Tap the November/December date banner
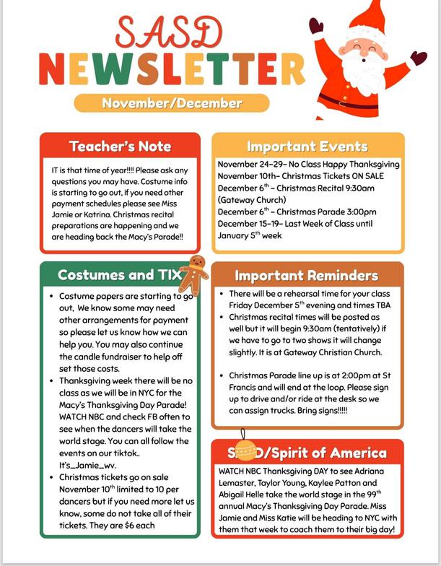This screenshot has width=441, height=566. pyautogui.click(x=172, y=103)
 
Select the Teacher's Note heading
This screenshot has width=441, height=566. pyautogui.click(x=120, y=147)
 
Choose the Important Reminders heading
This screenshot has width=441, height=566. pyautogui.click(x=306, y=276)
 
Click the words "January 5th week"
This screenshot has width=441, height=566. pyautogui.click(x=249, y=235)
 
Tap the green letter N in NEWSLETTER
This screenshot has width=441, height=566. pyautogui.click(x=56, y=68)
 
